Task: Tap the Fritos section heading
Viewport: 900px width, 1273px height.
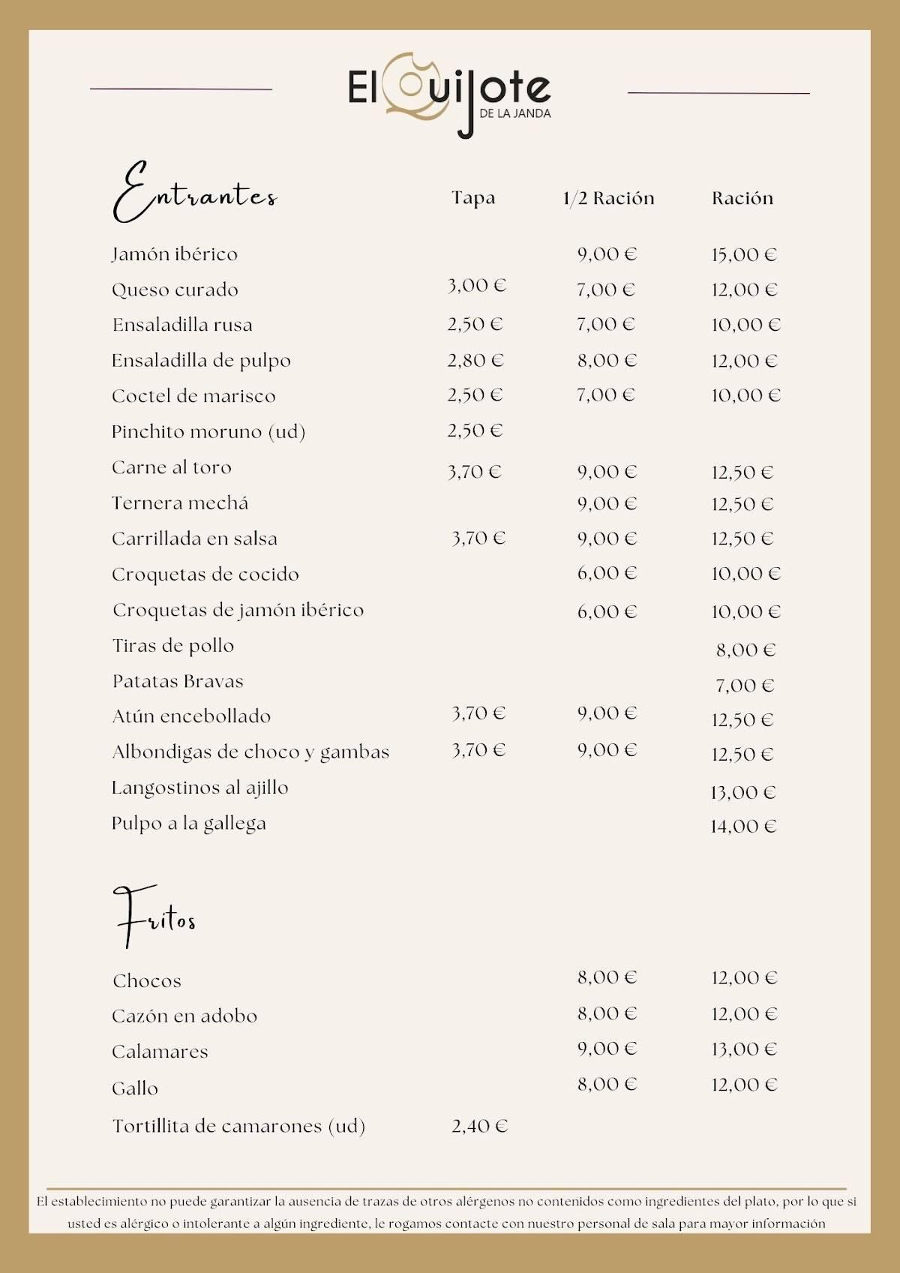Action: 154,917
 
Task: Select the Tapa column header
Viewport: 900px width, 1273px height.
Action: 473,198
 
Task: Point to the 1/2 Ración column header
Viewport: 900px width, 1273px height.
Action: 608,198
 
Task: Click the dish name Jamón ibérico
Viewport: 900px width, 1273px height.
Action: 175,254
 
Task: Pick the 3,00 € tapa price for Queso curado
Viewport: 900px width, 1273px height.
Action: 477,286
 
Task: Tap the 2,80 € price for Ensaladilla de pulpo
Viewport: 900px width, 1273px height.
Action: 475,361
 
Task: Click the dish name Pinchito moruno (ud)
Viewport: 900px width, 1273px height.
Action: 208,432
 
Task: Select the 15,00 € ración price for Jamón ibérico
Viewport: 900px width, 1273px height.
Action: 744,255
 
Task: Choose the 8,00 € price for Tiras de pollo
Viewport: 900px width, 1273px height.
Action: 745,650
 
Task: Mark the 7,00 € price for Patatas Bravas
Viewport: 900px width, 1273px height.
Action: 745,686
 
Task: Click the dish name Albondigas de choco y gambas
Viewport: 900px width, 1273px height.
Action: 250,752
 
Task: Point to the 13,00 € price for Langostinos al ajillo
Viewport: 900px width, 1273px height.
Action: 743,793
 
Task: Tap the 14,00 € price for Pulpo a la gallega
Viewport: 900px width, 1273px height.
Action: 743,827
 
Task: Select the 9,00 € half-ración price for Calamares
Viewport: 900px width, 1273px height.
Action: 607,1049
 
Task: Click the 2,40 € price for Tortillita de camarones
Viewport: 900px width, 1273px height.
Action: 479,1126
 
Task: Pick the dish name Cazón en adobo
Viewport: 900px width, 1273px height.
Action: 184,1016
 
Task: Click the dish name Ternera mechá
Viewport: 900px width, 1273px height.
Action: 180,503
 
